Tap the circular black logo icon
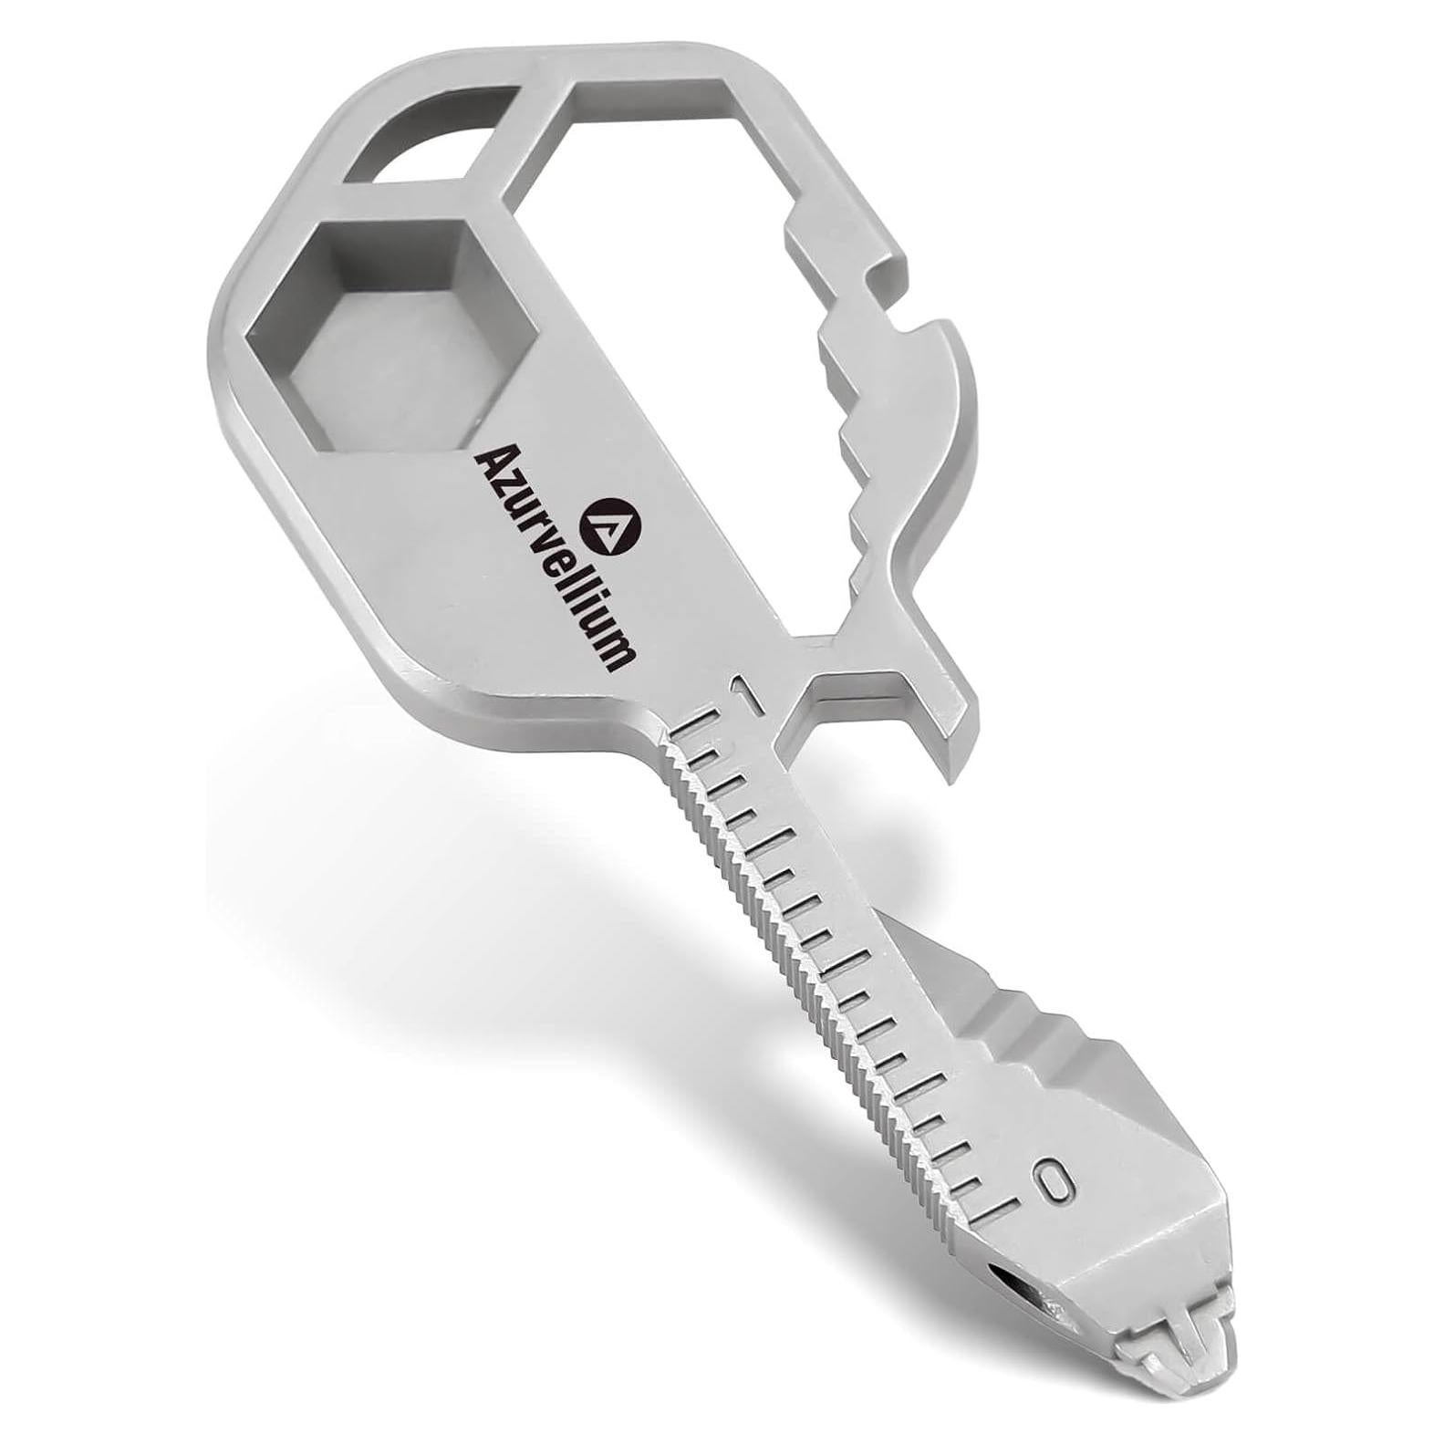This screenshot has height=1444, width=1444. tap(617, 525)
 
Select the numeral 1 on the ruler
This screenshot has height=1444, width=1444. tap(748, 699)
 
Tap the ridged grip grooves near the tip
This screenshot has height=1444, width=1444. tap(1031, 1031)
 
